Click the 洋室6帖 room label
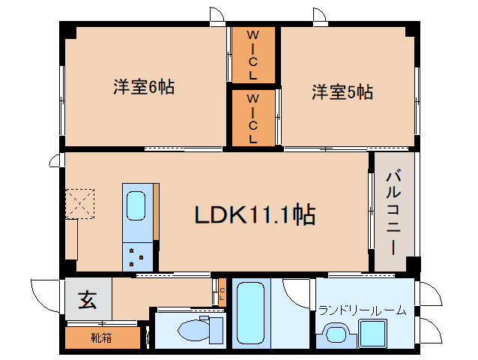tap(144, 87)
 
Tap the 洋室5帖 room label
tap(342, 92)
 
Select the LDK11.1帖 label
tap(255, 215)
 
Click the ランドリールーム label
tap(363, 310)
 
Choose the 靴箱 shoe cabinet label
tap(102, 337)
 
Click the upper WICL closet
tap(253, 55)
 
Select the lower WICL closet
tap(253, 118)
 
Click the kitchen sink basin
tap(136, 205)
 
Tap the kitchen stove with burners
tap(136, 256)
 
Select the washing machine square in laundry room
tap(372, 333)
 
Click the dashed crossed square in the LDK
tap(79, 203)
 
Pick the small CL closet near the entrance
tap(222, 292)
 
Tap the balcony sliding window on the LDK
tap(370, 211)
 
